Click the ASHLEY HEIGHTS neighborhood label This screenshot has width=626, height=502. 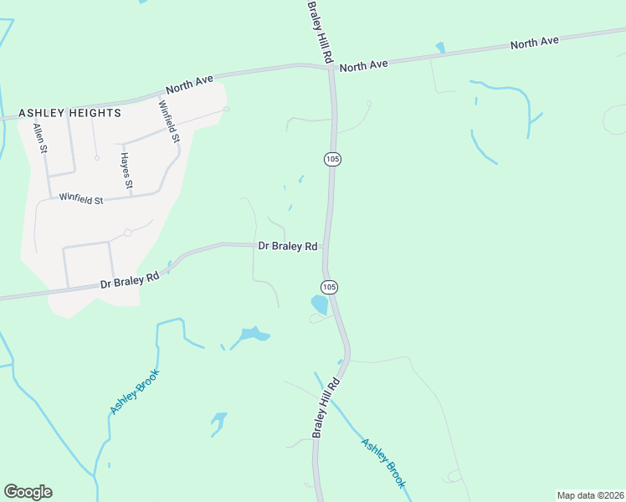coord(71,112)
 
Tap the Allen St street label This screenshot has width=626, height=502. coord(38,138)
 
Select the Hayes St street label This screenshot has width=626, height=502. coord(126,168)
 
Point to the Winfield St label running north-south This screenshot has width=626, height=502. coord(169,120)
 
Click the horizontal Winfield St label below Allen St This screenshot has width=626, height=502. coord(80,199)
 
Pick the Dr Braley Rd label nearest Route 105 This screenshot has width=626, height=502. coord(288,246)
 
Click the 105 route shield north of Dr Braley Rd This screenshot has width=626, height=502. coord(332,158)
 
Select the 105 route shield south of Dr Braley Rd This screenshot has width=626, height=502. coord(330,286)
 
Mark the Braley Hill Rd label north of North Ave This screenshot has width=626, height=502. coord(320,31)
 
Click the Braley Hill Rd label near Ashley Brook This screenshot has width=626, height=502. coord(326,407)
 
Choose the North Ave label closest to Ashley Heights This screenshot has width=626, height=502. coord(190,84)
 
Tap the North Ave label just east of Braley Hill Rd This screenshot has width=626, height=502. coord(364,64)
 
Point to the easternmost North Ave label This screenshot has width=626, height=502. coord(534,43)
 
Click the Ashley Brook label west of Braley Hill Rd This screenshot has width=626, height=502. coord(134,392)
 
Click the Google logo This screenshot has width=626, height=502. coord(28,492)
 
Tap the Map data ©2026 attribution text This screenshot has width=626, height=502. coord(590,495)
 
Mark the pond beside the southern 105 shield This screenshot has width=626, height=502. coord(320,305)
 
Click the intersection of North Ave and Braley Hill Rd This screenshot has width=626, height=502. coord(331,68)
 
